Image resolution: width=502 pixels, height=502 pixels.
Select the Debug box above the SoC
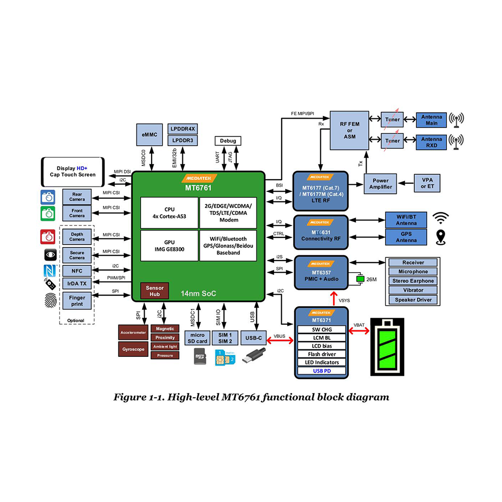pos(228,141)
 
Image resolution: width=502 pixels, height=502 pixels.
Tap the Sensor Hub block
pos(154,290)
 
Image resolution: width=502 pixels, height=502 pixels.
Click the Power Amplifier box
pos(380,184)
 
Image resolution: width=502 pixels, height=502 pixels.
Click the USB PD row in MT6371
pos(322,371)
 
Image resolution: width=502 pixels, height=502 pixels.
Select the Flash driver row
pos(322,354)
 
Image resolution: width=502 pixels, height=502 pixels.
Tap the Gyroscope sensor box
pos(133,348)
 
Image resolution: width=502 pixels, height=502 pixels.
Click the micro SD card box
pos(197,338)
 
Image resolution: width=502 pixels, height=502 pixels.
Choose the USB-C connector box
pos(254,338)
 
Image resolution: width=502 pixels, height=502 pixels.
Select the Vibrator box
pos(413,290)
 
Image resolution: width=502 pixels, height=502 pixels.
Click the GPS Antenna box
pos(406,237)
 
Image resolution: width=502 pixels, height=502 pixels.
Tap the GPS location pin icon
pos(441,236)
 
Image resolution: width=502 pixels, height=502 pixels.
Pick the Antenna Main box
pos(431,120)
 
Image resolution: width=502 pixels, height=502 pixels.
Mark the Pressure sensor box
pos(165,355)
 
